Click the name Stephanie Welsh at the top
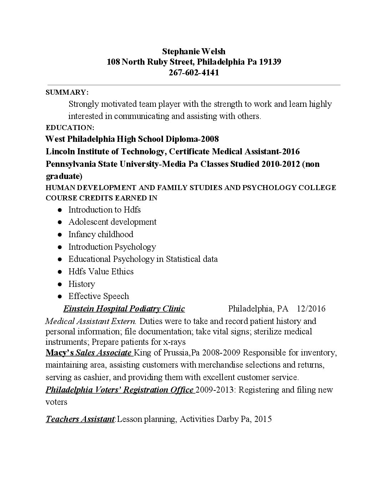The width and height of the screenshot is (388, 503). (x=194, y=51)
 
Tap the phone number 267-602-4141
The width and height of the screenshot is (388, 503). (x=194, y=73)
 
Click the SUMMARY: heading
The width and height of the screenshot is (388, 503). (x=67, y=92)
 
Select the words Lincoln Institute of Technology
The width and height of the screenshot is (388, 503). (x=106, y=151)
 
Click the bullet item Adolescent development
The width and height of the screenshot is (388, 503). (x=112, y=222)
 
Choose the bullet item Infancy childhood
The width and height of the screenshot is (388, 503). (x=101, y=234)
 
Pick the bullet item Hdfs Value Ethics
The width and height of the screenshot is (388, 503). (x=101, y=272)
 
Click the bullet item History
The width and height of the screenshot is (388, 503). (x=82, y=284)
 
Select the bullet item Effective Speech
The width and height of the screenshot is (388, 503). (x=99, y=296)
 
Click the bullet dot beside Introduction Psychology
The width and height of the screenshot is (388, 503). (x=61, y=247)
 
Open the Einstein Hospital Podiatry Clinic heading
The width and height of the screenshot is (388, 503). (x=124, y=309)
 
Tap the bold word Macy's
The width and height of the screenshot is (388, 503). (x=60, y=353)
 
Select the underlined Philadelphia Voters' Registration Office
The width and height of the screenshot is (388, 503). (x=120, y=389)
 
